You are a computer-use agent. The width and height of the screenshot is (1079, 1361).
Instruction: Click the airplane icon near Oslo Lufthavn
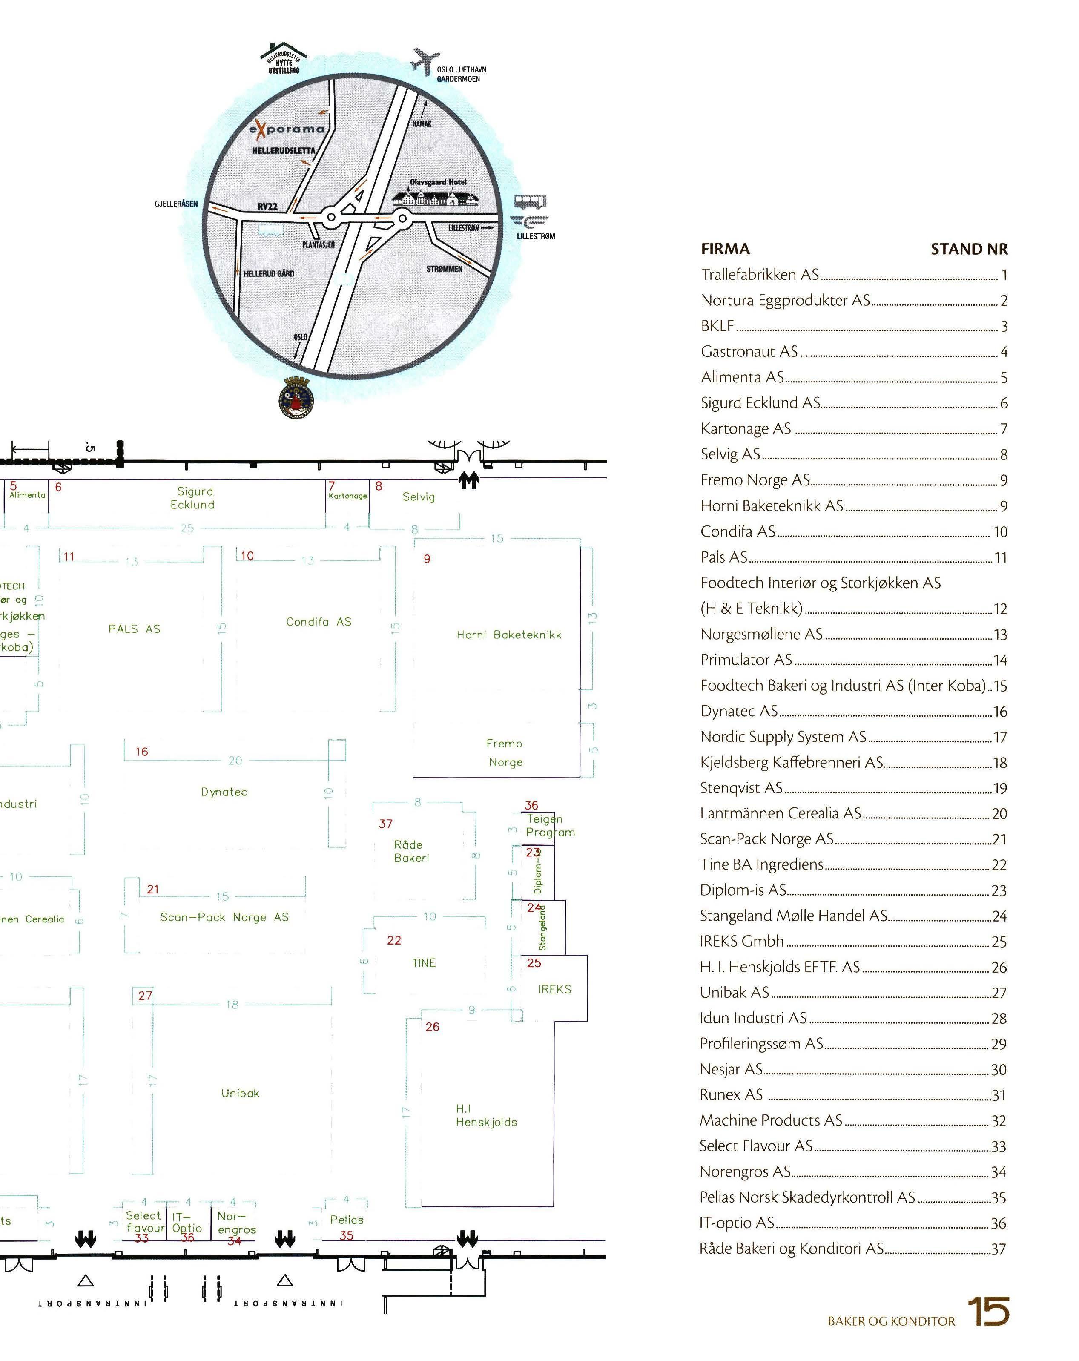(424, 61)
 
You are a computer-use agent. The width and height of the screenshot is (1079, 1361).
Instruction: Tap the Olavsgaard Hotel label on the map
(438, 182)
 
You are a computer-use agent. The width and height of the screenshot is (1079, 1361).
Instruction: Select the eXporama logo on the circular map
(287, 129)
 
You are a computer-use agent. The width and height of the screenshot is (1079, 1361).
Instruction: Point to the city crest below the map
(296, 398)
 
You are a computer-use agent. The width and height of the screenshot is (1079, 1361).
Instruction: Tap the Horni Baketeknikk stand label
(508, 635)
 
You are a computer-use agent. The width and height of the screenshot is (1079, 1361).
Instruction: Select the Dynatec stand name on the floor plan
(224, 792)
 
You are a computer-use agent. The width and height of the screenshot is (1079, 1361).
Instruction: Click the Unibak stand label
(240, 1093)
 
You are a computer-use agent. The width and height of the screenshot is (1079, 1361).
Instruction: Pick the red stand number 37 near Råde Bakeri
(385, 824)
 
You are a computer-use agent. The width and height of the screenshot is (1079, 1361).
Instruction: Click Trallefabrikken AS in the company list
(760, 275)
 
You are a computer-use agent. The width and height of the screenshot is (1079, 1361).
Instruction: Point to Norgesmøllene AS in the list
(761, 634)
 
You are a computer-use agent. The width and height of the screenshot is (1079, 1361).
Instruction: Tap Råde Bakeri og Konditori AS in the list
(791, 1248)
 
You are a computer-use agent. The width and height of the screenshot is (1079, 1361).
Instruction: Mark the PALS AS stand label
(135, 629)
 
